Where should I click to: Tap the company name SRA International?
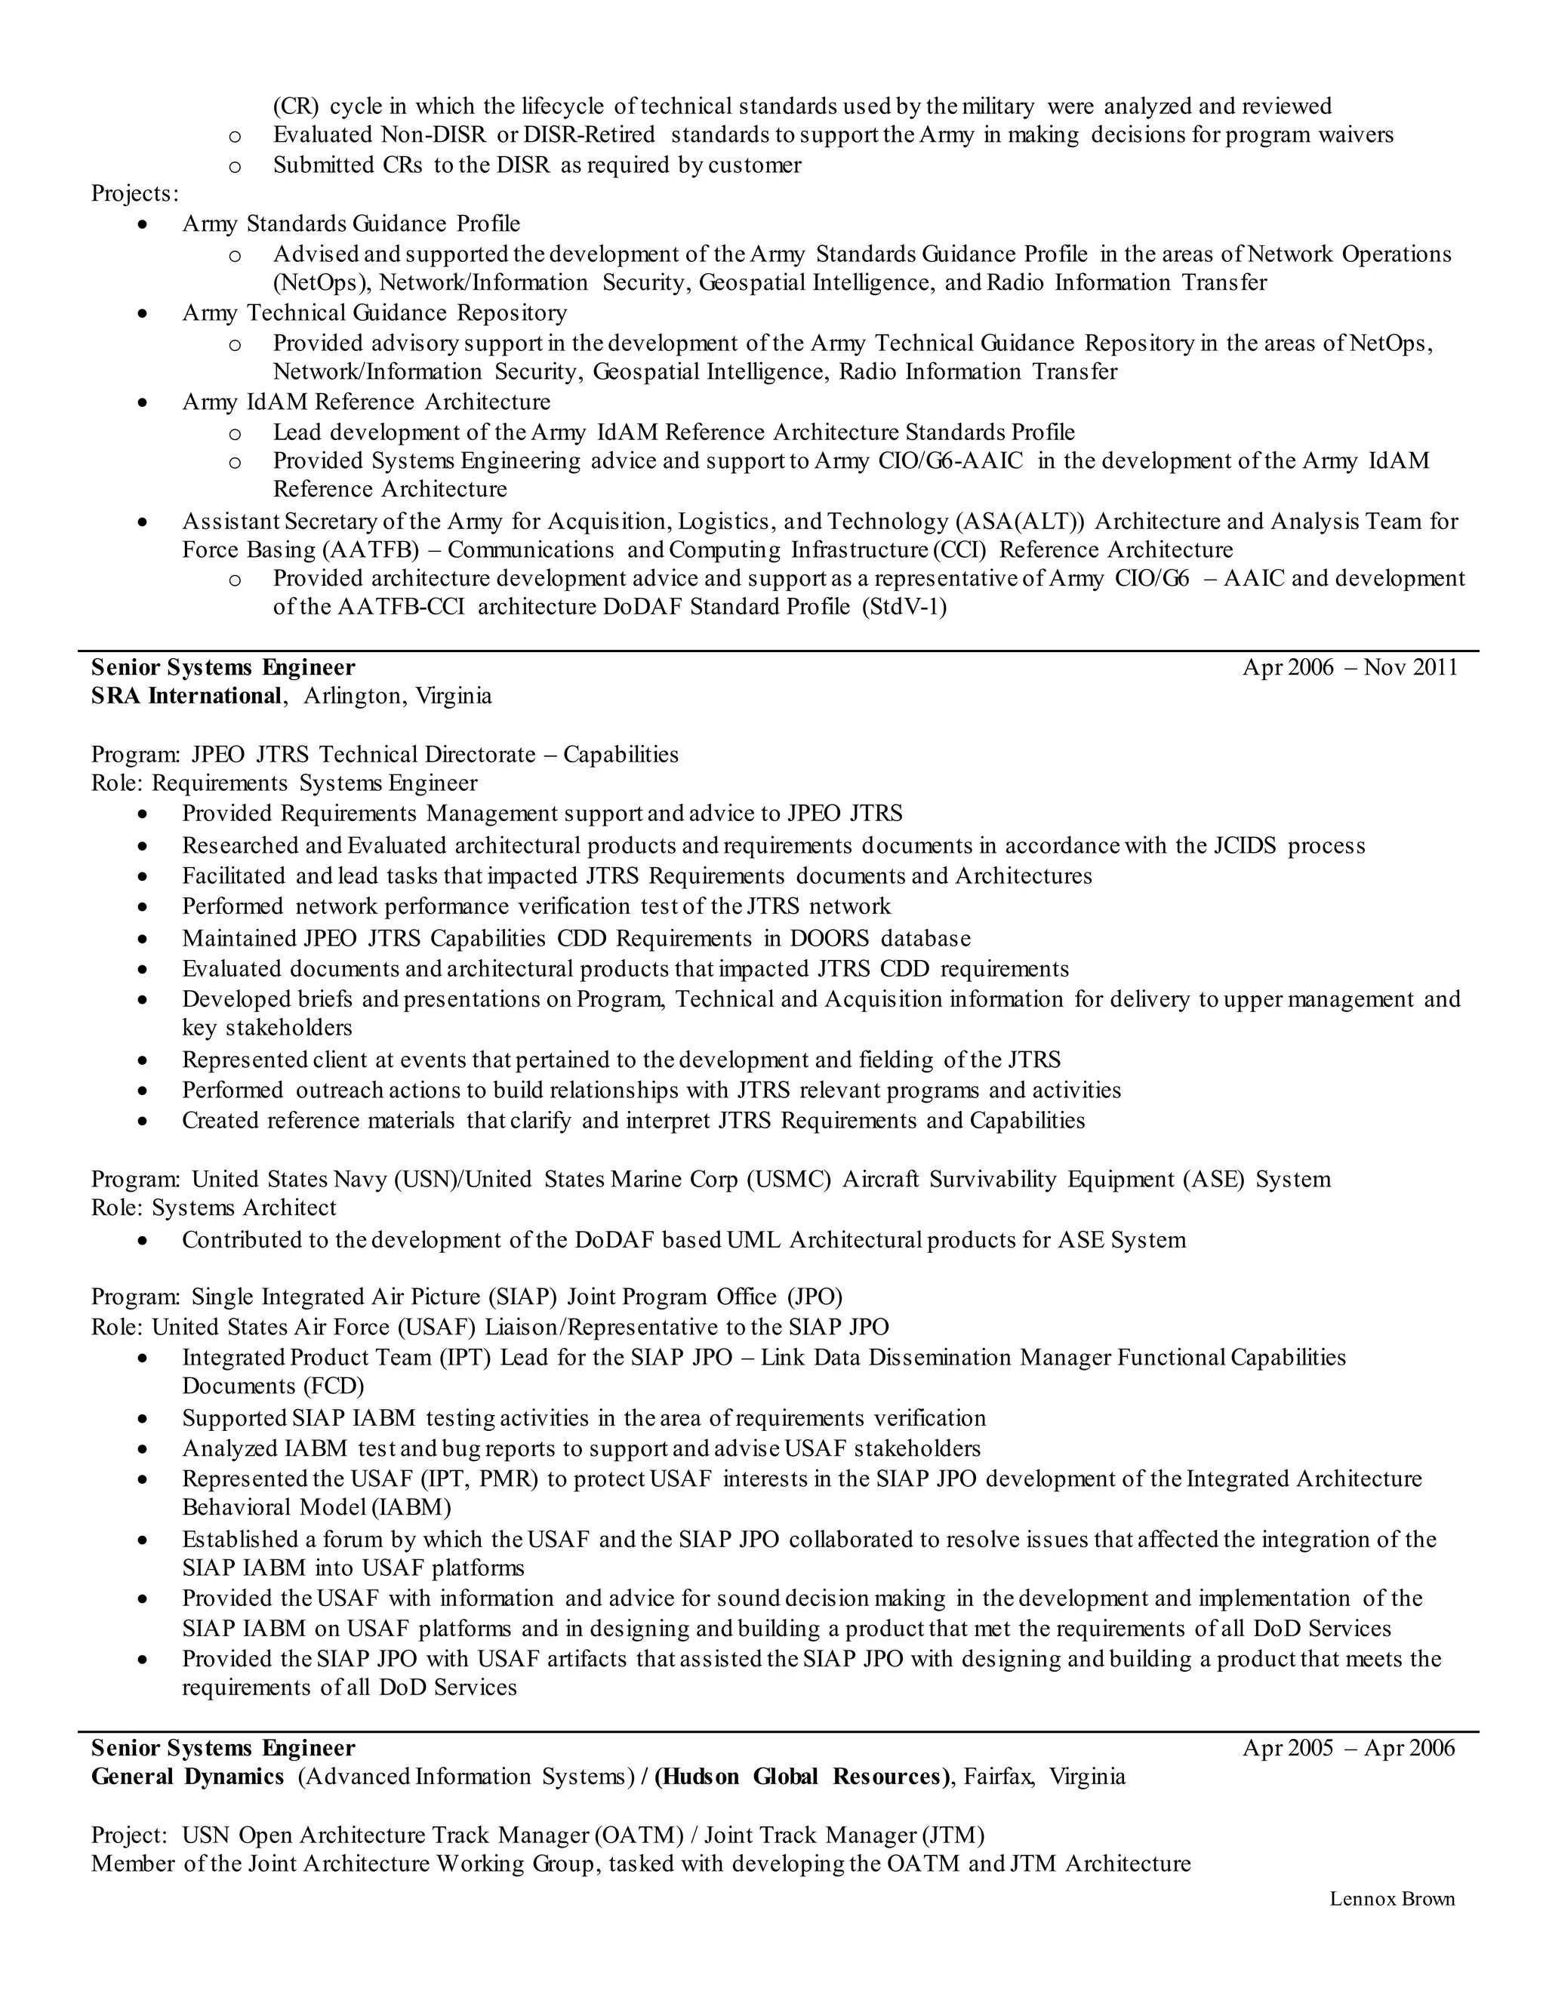186,696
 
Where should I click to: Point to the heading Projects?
134,194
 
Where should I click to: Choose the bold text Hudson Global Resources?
802,1777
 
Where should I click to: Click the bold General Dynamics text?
188,1777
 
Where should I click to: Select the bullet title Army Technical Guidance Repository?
374,313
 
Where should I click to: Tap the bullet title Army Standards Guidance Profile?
351,223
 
